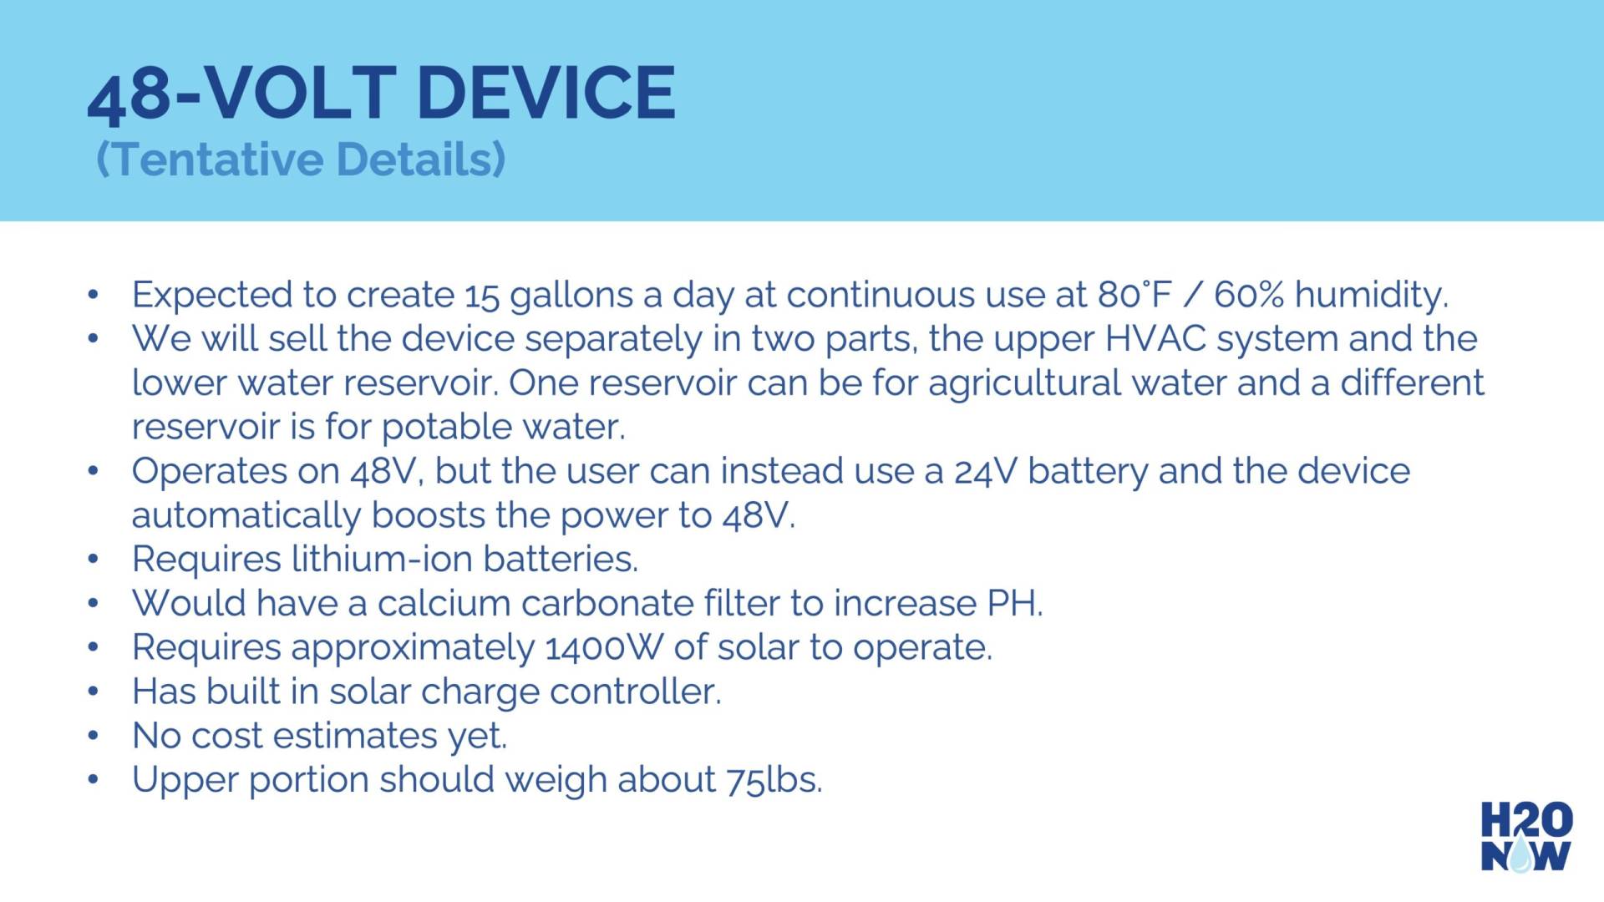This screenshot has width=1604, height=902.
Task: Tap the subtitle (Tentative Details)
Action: tap(301, 159)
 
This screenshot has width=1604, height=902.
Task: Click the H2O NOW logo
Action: tap(1526, 837)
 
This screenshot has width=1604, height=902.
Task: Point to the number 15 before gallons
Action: tap(481, 295)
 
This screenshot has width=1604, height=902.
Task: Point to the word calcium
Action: tap(444, 603)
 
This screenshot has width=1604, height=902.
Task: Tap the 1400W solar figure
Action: tap(602, 648)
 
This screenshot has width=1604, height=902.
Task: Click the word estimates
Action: tap(355, 736)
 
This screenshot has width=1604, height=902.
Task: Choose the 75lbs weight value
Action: tap(774, 780)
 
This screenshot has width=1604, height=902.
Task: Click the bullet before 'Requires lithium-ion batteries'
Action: tap(94, 559)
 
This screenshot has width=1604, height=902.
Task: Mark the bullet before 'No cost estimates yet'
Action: tap(94, 736)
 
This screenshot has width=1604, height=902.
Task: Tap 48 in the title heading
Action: tap(129, 95)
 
